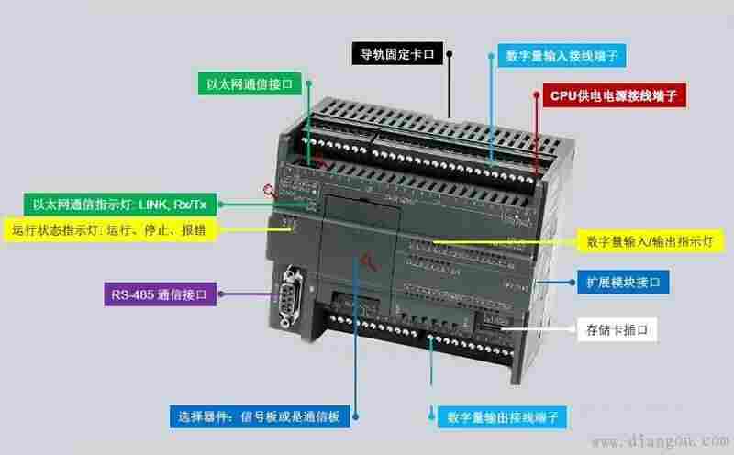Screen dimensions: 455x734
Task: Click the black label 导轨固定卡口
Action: coord(398,53)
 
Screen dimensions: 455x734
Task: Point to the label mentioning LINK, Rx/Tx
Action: coord(117,204)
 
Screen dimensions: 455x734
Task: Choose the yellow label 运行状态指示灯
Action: coord(110,229)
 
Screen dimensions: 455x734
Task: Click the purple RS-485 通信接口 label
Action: coord(160,295)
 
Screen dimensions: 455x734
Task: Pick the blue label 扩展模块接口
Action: coord(622,281)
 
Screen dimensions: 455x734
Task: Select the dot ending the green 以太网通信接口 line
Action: coord(309,83)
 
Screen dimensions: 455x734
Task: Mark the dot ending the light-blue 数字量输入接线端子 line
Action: coord(491,55)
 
